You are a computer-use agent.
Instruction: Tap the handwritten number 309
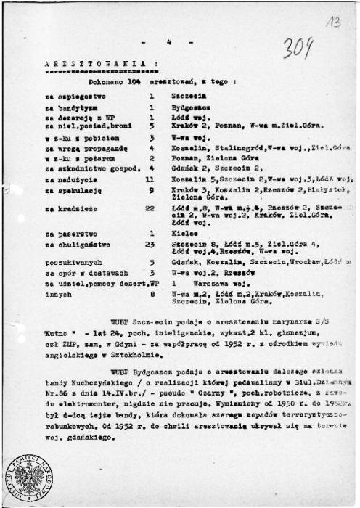tap(298, 48)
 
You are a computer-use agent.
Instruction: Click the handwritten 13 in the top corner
tap(334, 22)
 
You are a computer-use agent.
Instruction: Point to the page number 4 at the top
tap(168, 41)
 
